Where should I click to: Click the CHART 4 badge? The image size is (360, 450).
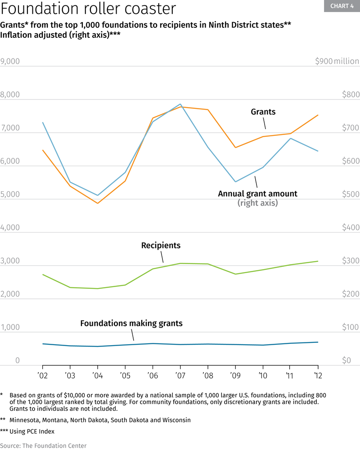[x=342, y=6]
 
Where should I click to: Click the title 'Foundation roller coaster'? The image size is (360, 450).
[x=88, y=9]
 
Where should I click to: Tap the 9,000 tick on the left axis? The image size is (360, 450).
[x=10, y=62]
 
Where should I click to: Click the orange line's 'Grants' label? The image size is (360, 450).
[x=263, y=112]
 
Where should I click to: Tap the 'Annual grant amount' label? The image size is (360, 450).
[x=257, y=193]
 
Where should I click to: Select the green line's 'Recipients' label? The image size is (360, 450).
[x=161, y=245]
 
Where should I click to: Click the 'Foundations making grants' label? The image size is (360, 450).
[x=131, y=323]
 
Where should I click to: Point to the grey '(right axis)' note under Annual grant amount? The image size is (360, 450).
[x=257, y=203]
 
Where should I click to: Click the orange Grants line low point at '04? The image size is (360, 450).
[x=98, y=203]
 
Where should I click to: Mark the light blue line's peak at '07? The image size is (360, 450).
[x=180, y=104]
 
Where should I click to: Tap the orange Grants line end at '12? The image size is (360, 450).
[x=318, y=115]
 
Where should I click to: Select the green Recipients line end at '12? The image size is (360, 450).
[x=318, y=261]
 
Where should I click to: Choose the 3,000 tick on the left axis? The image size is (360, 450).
[x=10, y=261]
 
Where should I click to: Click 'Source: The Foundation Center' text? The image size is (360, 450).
[x=43, y=445]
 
